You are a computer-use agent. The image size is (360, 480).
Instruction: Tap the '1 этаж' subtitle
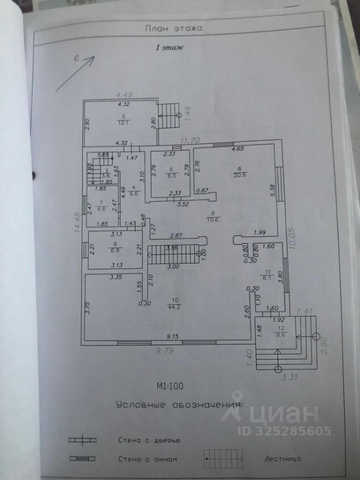pos(170,48)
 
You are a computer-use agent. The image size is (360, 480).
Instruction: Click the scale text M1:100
pos(171,385)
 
